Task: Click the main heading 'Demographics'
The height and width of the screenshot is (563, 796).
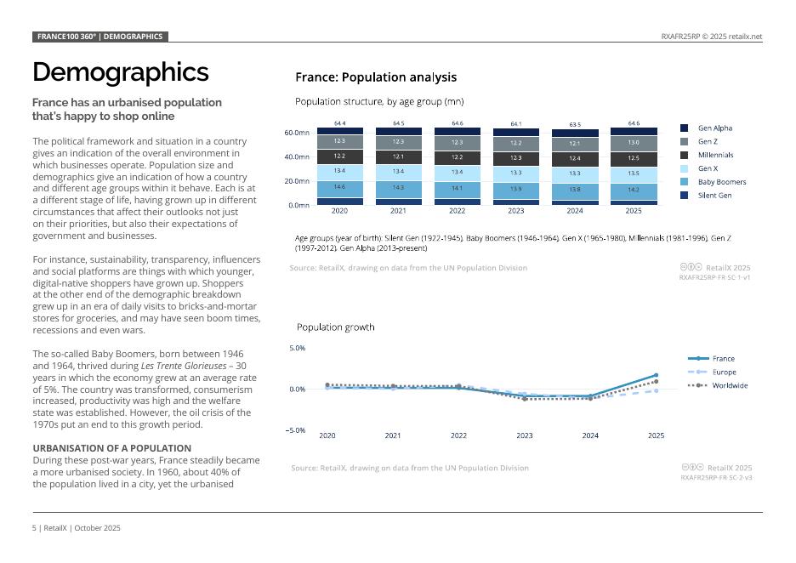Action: [x=120, y=71]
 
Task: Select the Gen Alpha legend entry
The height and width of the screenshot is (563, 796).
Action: [x=714, y=128]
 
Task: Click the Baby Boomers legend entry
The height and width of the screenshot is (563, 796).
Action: [x=721, y=182]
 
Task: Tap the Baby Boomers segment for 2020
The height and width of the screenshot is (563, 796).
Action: [x=339, y=187]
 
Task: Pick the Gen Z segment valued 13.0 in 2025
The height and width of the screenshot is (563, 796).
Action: [x=634, y=142]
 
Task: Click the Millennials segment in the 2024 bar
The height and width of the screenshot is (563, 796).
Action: [x=575, y=158]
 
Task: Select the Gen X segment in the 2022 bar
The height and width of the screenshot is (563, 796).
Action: [x=458, y=172]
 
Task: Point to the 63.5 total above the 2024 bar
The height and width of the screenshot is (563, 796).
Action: [x=575, y=124]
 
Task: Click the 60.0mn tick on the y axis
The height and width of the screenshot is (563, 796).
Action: [x=297, y=134]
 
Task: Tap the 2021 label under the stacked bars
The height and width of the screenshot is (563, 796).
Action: [x=399, y=211]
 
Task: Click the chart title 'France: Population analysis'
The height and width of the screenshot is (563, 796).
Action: [x=375, y=77]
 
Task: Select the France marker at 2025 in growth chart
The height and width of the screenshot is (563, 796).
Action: [x=656, y=375]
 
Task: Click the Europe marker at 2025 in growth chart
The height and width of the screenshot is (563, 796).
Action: [x=656, y=390]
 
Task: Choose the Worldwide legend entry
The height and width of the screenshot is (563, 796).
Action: [x=730, y=386]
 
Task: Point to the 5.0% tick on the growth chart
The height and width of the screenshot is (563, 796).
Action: [x=298, y=348]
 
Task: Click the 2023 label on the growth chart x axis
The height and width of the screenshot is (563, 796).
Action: [x=525, y=435]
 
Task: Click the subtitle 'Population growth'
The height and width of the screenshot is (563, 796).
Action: [x=335, y=327]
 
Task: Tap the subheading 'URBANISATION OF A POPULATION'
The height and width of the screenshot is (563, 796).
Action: [x=111, y=448]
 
